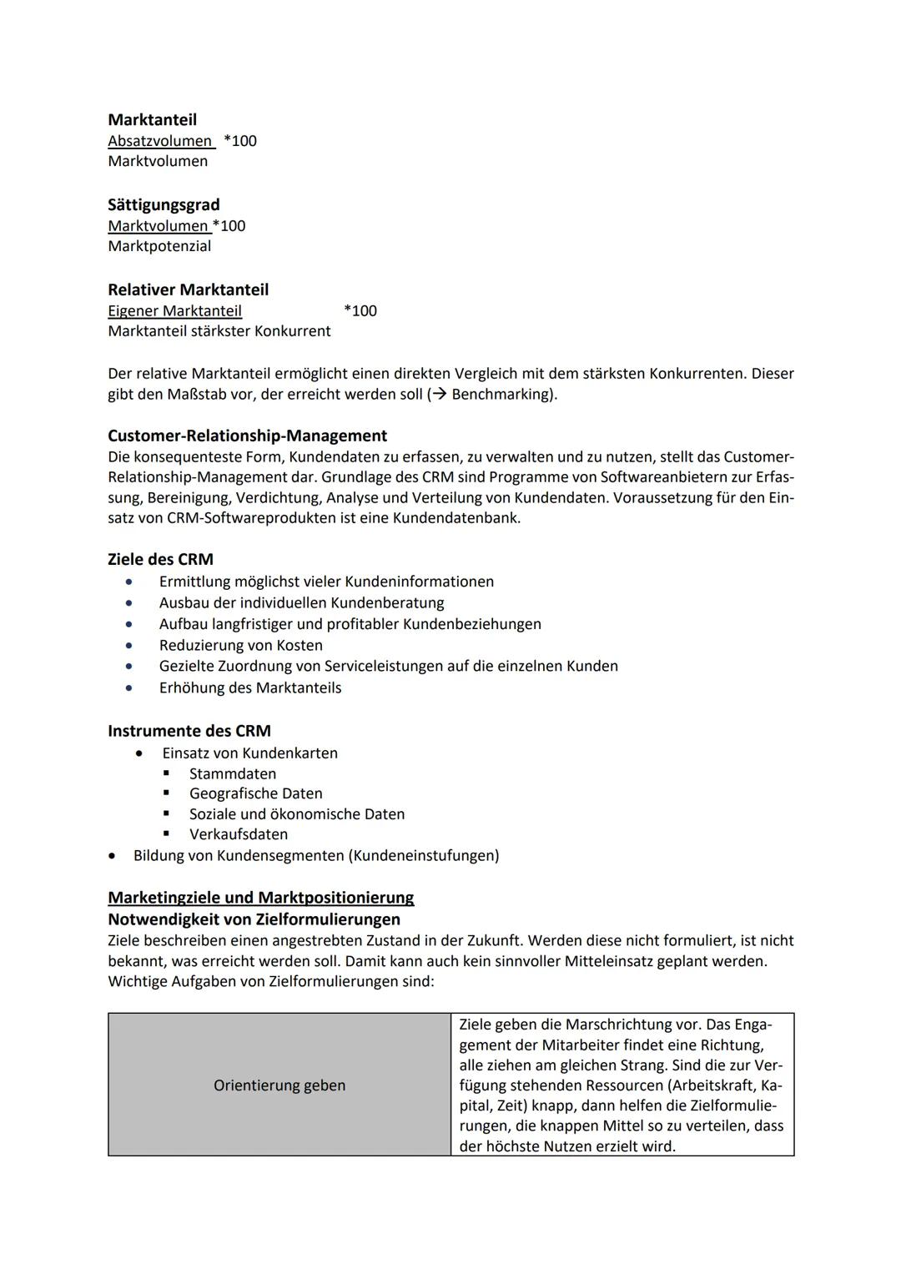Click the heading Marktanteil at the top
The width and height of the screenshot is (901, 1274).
coord(152,120)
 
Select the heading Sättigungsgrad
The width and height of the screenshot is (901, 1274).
coord(164,205)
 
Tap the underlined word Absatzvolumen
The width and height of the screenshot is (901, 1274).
coord(160,141)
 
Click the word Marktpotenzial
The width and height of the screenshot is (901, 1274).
coord(159,246)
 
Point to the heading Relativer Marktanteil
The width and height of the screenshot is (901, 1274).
coord(188,290)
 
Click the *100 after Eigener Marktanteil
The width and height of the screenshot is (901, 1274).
coord(360,311)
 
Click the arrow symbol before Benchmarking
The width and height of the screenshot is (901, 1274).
coord(439,394)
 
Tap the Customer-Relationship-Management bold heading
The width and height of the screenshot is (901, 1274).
coord(247,436)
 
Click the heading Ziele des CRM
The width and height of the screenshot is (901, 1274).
coord(160,560)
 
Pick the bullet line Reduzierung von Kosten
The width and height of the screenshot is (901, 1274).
coord(240,645)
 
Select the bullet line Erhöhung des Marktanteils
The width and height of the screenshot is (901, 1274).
coord(250,687)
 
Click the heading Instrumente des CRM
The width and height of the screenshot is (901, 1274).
coord(189,731)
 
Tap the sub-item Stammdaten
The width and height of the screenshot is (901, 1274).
coord(232,773)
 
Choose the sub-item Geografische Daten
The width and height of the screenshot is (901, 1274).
coord(255,793)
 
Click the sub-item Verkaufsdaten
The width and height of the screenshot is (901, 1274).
coord(238,834)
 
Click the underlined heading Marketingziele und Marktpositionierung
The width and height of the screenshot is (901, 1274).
coord(260,898)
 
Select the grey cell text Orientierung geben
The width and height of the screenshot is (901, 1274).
coord(279,1085)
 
